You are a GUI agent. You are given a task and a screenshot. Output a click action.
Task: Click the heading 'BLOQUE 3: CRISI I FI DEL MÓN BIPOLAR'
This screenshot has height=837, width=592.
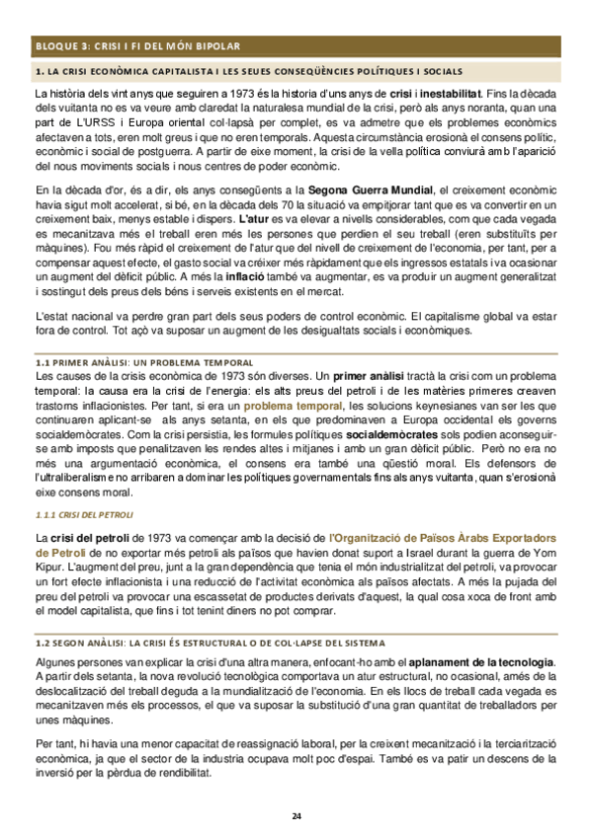(135, 46)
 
